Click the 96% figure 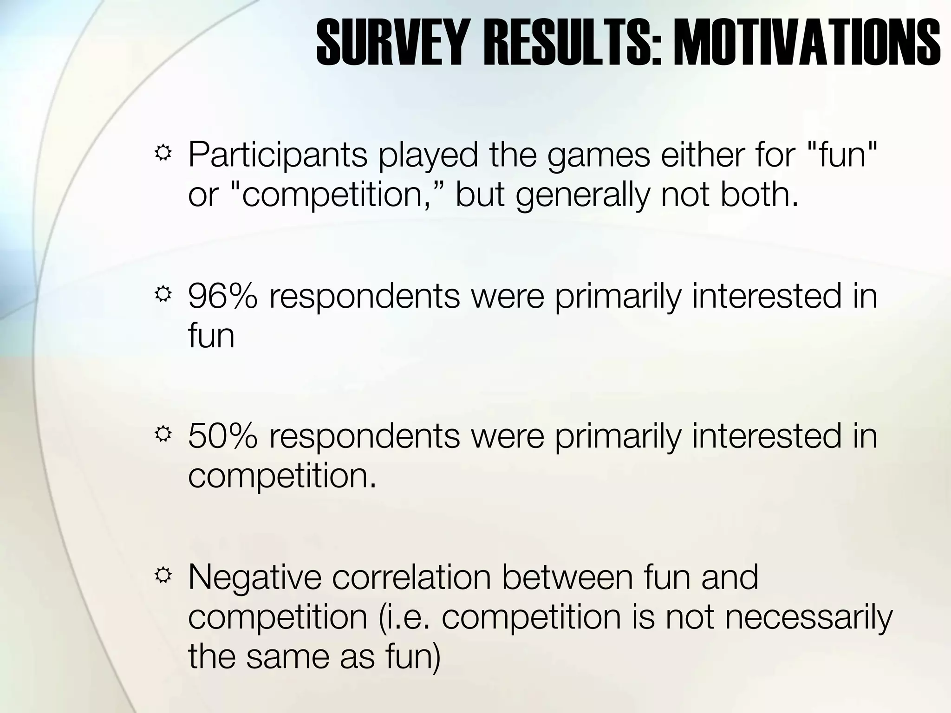tap(222, 296)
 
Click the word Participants tap(277, 156)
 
